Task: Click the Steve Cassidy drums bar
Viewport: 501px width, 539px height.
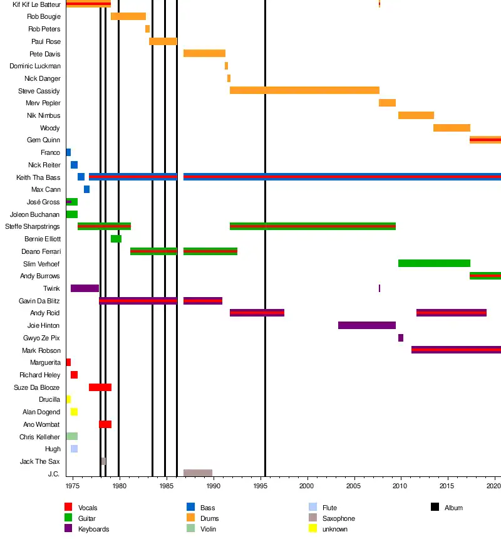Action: click(304, 90)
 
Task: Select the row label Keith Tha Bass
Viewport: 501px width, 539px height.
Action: click(39, 177)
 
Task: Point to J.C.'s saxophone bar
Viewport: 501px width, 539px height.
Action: click(198, 473)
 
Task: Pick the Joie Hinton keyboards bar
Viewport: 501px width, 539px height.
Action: click(366, 325)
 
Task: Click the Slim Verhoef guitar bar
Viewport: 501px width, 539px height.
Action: click(434, 263)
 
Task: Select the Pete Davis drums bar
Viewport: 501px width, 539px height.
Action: click(204, 53)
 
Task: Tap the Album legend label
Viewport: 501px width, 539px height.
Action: click(453, 508)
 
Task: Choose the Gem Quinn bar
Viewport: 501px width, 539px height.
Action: click(485, 140)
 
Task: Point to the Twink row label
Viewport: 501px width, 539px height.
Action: click(51, 288)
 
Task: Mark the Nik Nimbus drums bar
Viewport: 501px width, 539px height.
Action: click(416, 115)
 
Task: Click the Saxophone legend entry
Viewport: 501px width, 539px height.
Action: click(338, 518)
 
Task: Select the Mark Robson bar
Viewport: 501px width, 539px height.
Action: click(456, 350)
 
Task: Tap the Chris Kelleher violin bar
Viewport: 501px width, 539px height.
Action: click(71, 436)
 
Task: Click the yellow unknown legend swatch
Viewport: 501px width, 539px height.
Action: click(313, 528)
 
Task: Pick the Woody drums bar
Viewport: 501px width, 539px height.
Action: click(452, 128)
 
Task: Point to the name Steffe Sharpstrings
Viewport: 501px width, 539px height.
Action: click(33, 226)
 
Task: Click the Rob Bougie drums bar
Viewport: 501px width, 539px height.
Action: click(128, 16)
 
